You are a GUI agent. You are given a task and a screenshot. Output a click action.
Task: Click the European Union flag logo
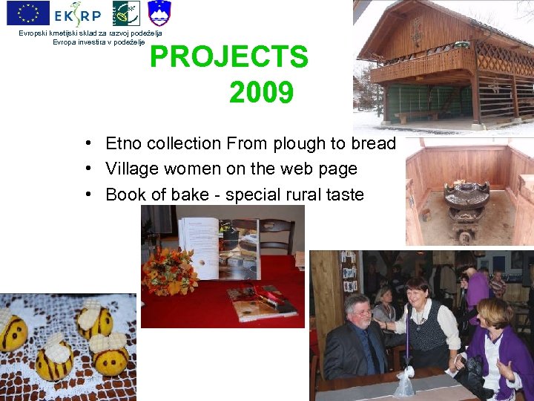[x=27, y=13]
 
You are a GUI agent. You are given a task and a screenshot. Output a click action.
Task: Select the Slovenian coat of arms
[x=159, y=13]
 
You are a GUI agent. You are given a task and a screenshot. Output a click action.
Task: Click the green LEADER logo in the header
[x=125, y=13]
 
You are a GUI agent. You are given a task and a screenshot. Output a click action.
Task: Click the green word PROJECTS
[x=228, y=57]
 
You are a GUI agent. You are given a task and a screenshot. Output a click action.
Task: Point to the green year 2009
[x=261, y=93]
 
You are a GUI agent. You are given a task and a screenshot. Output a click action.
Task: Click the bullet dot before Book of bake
[x=88, y=195]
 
